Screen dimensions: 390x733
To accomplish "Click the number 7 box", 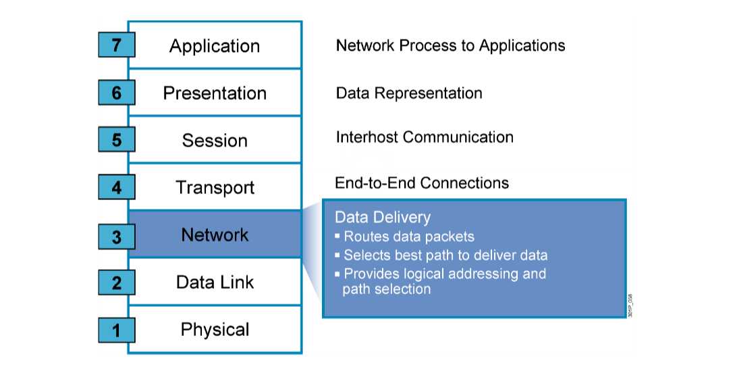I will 116,45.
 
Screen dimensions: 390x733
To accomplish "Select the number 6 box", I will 116,93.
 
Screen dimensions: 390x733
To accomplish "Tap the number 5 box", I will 116,140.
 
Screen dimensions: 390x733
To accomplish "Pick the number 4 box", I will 116,187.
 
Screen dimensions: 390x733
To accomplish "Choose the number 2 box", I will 116,282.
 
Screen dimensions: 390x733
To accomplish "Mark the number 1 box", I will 116,330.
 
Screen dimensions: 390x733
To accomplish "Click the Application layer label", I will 215,46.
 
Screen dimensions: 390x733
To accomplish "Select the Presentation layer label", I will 215,93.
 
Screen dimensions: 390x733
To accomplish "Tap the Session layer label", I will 215,141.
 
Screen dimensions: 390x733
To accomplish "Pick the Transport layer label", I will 215,187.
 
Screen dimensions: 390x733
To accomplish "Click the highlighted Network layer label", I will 215,235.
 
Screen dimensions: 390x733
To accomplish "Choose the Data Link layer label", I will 215,282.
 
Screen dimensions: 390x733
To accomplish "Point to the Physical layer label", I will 215,330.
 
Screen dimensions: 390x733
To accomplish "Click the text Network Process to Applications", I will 450,45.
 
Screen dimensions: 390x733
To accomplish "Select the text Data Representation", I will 409,93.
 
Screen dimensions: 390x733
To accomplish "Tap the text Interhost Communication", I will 425,137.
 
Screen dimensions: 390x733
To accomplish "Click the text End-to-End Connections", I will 422,182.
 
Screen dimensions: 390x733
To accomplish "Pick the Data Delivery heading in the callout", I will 383,217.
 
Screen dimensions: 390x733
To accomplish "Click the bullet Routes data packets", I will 408,237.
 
